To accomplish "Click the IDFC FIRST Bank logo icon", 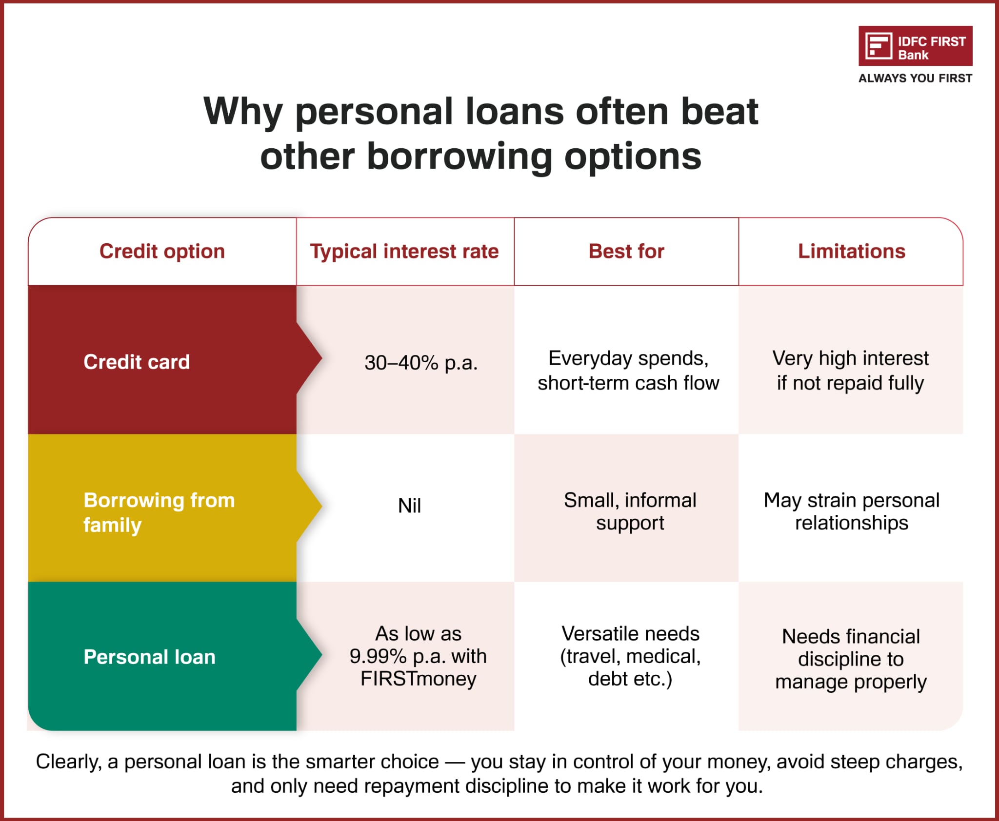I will (879, 46).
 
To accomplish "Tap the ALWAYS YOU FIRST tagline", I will (915, 78).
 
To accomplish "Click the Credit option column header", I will (162, 251).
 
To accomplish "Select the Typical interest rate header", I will (404, 251).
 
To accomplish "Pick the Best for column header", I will (626, 251).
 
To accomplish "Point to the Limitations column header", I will (851, 251).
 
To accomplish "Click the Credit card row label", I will (137, 362).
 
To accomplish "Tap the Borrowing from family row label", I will (159, 512).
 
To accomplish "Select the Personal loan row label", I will (149, 657).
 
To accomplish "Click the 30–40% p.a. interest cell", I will (420, 363).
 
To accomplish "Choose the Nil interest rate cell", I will (409, 506).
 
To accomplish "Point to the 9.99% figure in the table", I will (378, 656).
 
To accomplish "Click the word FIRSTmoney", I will (418, 679).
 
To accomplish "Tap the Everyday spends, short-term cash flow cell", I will (628, 371).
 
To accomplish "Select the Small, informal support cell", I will (630, 511).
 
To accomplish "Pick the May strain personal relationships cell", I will (851, 511).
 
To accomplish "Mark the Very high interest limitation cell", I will (850, 371).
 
